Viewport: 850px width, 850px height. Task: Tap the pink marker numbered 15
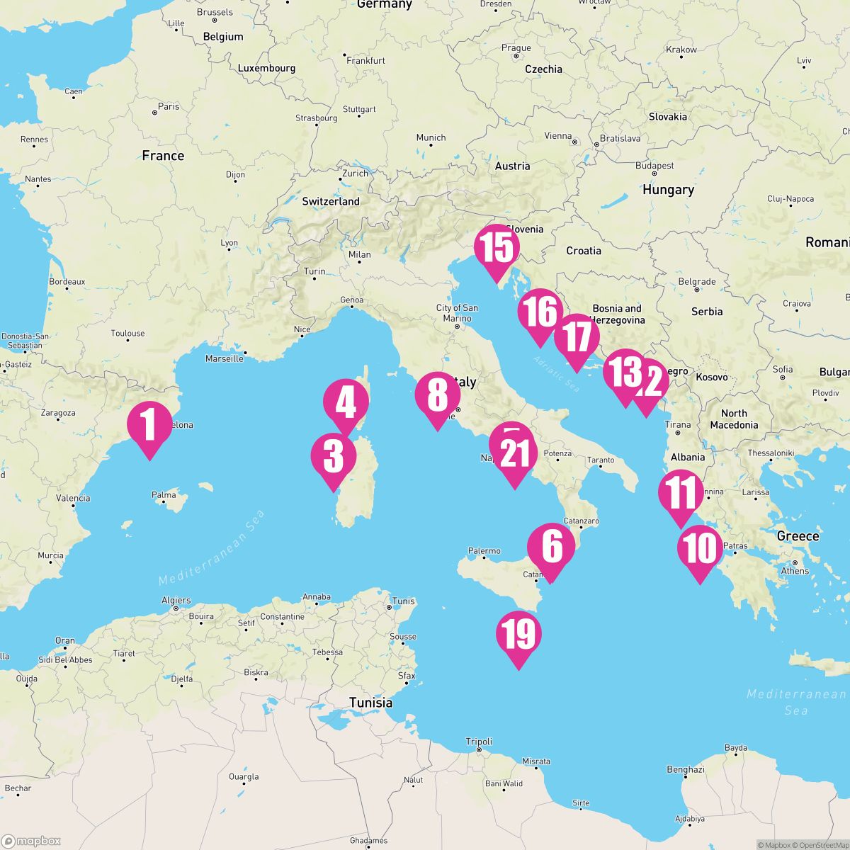pos(497,248)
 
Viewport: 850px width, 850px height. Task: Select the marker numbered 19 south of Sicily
pos(519,635)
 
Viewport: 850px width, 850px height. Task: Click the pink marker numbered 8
pos(438,395)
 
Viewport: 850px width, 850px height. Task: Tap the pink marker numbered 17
pos(577,337)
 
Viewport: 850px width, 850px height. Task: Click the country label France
pos(163,156)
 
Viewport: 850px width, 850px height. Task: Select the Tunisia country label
pos(370,703)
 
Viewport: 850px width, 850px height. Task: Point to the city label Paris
pos(169,107)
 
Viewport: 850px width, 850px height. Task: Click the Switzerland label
pos(331,201)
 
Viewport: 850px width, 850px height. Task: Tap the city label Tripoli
pos(479,742)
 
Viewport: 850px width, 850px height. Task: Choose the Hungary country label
pos(668,190)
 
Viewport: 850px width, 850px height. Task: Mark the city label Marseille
pos(224,358)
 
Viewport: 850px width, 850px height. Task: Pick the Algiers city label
pos(176,600)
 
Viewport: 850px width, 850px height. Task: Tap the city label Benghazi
pos(685,769)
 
